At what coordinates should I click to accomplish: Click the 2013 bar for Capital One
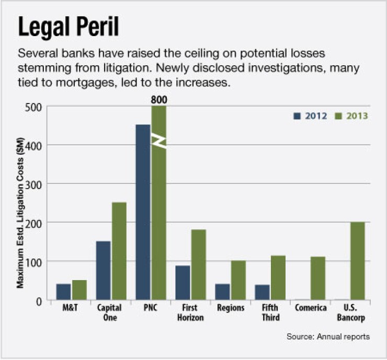click(x=119, y=251)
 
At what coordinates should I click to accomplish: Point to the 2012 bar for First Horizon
click(x=183, y=282)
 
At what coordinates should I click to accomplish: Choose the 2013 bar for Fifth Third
click(x=278, y=277)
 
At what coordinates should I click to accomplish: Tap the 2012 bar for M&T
click(x=63, y=292)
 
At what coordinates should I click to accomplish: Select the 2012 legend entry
click(x=311, y=116)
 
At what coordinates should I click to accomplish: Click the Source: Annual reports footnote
click(x=328, y=336)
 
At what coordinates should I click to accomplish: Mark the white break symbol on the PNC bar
click(x=159, y=141)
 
